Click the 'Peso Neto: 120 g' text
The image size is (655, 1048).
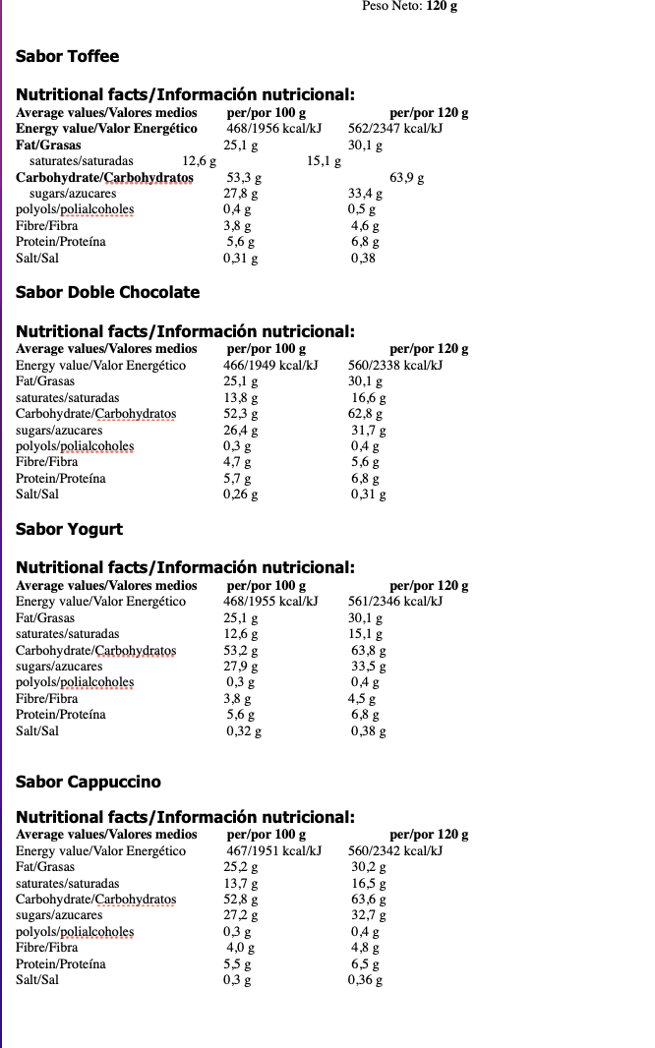coord(409,6)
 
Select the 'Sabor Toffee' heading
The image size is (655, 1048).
coord(67,57)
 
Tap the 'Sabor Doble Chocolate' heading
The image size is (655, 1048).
coord(107,293)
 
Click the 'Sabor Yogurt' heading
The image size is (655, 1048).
coord(69,530)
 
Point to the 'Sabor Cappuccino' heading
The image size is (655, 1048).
coord(88,783)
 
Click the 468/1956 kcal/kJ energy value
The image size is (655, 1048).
coord(274,129)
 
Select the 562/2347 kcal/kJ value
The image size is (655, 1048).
coord(395,129)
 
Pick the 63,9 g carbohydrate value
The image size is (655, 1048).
coord(407,178)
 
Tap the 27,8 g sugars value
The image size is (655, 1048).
coord(241,194)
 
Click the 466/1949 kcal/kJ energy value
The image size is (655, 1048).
coord(270,366)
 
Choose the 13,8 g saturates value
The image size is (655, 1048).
coord(241,398)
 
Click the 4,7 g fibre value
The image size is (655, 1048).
coord(237,462)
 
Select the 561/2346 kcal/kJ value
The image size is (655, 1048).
coord(395,602)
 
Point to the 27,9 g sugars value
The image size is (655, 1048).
coord(241,667)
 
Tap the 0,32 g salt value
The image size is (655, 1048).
coord(244,731)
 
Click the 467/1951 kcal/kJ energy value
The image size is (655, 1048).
coord(272,851)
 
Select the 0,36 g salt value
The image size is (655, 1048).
coord(365,980)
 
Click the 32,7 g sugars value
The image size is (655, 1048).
coord(369,915)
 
